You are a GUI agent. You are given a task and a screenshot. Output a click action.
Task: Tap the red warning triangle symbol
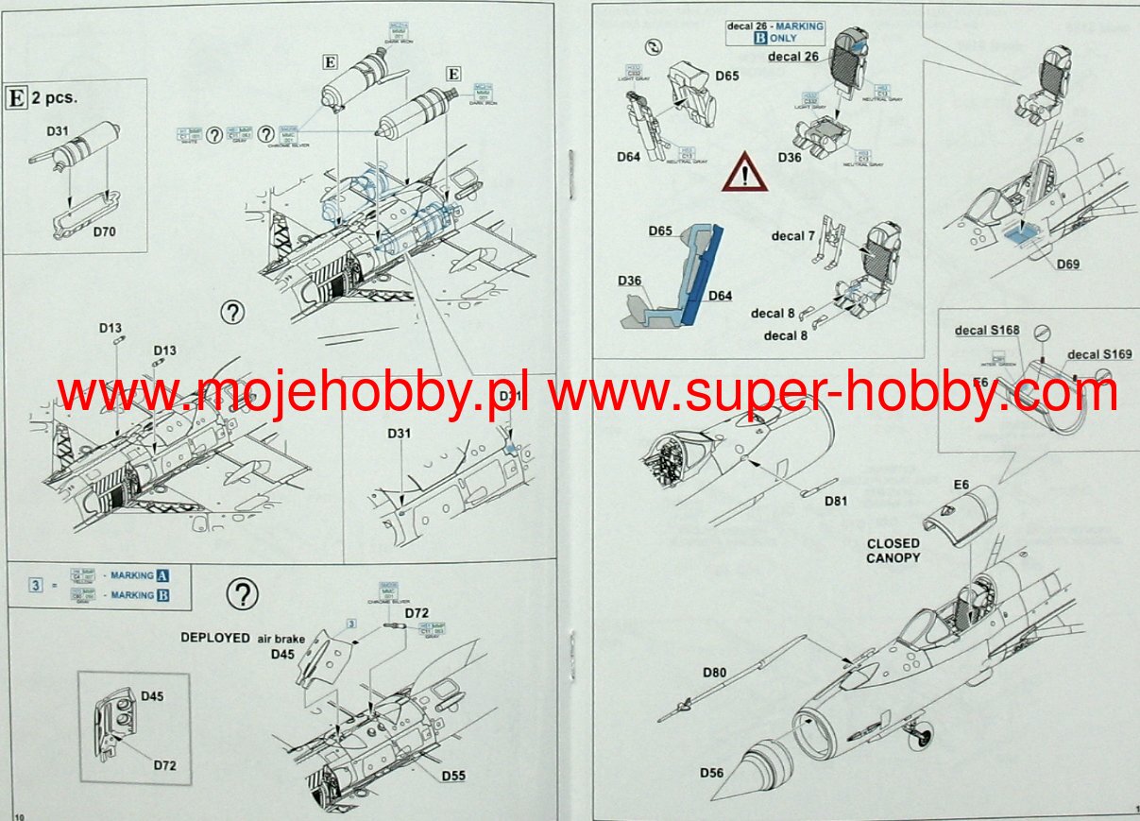(x=744, y=173)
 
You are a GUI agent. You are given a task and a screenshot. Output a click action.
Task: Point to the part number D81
(x=835, y=502)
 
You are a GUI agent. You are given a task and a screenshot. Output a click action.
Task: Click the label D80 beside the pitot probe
(x=715, y=673)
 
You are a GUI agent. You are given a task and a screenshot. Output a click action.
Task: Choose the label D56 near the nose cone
(x=712, y=774)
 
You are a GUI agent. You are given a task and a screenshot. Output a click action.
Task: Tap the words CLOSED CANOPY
(x=893, y=551)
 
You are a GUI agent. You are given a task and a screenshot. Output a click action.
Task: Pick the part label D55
(x=452, y=776)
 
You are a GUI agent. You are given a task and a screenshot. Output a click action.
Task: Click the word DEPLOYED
(x=215, y=638)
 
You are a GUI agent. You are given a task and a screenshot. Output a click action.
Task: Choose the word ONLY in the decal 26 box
(x=783, y=39)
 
